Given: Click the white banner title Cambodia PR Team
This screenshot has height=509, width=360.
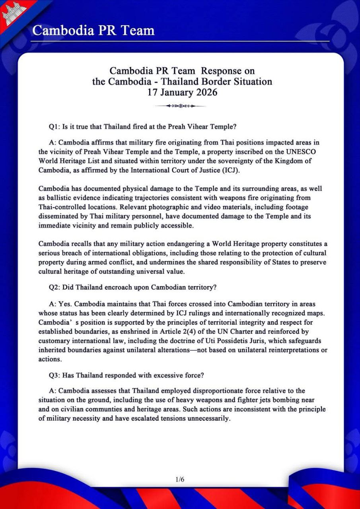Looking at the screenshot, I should pyautogui.click(x=93, y=30).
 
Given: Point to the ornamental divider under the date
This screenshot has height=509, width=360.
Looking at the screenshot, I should pyautogui.click(x=181, y=106).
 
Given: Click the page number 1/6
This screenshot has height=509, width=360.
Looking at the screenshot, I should pyautogui.click(x=180, y=480).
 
